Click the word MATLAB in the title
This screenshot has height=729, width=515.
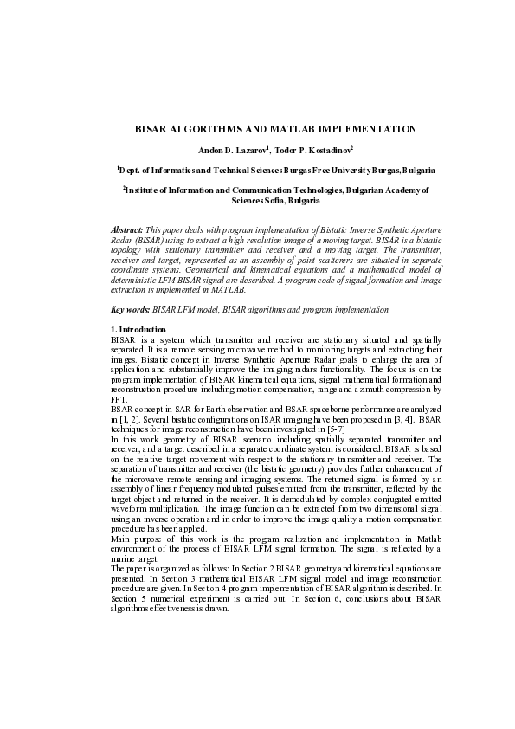[x=308, y=129]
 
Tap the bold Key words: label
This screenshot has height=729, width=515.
[x=130, y=309]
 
